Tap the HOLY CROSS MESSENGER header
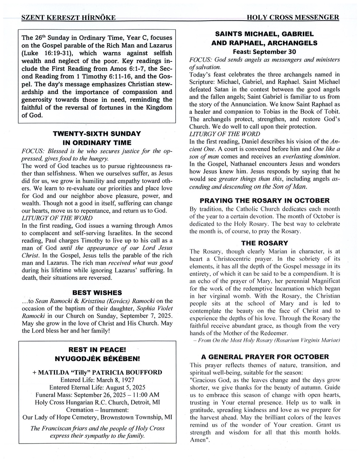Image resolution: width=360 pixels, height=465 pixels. [x=293, y=17]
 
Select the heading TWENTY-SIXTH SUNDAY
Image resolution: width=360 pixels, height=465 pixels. [x=97, y=134]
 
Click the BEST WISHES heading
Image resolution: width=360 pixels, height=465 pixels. [x=97, y=292]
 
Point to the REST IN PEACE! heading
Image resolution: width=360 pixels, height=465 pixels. [x=97, y=350]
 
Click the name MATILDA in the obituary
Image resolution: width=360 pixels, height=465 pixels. [x=56, y=372]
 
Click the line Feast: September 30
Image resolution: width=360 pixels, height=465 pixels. [x=264, y=52]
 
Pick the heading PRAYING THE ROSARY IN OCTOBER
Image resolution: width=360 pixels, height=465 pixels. [x=265, y=201]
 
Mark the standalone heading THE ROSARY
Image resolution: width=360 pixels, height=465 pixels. [x=264, y=243]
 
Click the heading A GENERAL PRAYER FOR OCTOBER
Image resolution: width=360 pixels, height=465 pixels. [x=265, y=357]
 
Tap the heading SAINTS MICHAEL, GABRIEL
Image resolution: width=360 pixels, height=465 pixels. [x=264, y=34]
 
